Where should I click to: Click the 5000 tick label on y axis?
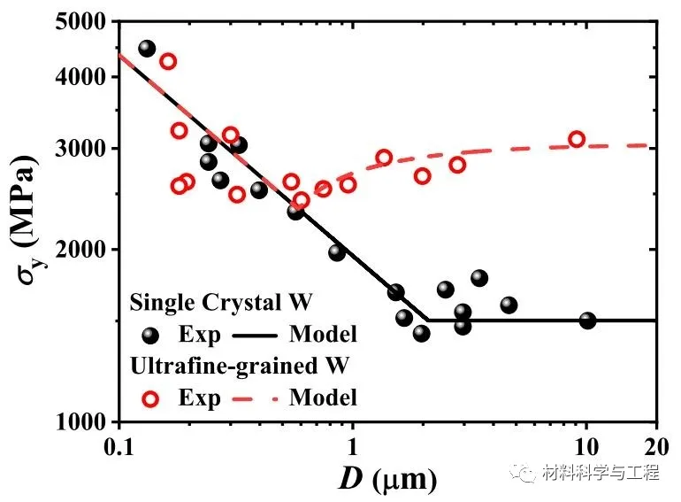click(84, 20)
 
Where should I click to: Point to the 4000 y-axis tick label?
click(84, 77)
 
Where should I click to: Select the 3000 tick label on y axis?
click(84, 148)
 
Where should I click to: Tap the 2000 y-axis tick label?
click(84, 249)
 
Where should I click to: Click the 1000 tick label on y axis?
click(84, 421)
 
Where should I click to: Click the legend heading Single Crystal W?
click(221, 303)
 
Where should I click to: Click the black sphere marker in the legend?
click(150, 335)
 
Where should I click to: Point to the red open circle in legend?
click(150, 398)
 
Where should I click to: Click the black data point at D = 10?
click(587, 321)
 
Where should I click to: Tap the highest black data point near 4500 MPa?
click(147, 49)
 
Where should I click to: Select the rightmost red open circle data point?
click(577, 139)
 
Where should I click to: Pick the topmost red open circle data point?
click(168, 61)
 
